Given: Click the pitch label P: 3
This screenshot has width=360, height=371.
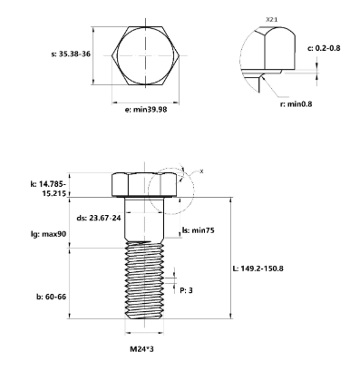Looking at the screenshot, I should (188, 290).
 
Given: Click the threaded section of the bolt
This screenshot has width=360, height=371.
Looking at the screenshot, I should (141, 281).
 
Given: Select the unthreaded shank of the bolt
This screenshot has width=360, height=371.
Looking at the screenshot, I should (141, 218).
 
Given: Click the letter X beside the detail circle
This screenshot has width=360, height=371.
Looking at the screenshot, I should (200, 171).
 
